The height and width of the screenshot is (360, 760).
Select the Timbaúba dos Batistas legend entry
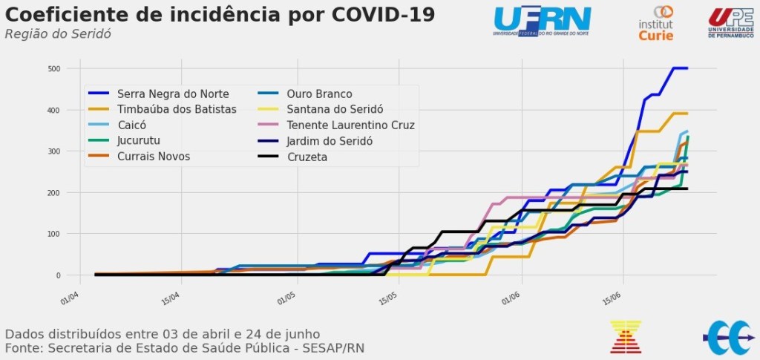coord(177,109)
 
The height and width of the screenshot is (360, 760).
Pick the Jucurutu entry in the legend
coord(140,140)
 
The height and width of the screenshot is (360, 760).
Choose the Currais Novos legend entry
coord(154,156)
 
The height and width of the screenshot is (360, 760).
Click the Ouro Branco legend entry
coord(319,94)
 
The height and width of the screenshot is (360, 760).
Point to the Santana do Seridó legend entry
coord(335,109)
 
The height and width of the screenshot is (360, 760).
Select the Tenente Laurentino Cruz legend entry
coord(350,125)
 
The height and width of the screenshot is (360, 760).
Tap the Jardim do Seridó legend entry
coord(330,140)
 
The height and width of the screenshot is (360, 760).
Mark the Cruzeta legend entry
coord(307,157)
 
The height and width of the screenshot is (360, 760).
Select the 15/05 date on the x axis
coord(387,298)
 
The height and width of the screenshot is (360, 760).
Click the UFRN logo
coord(543,20)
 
